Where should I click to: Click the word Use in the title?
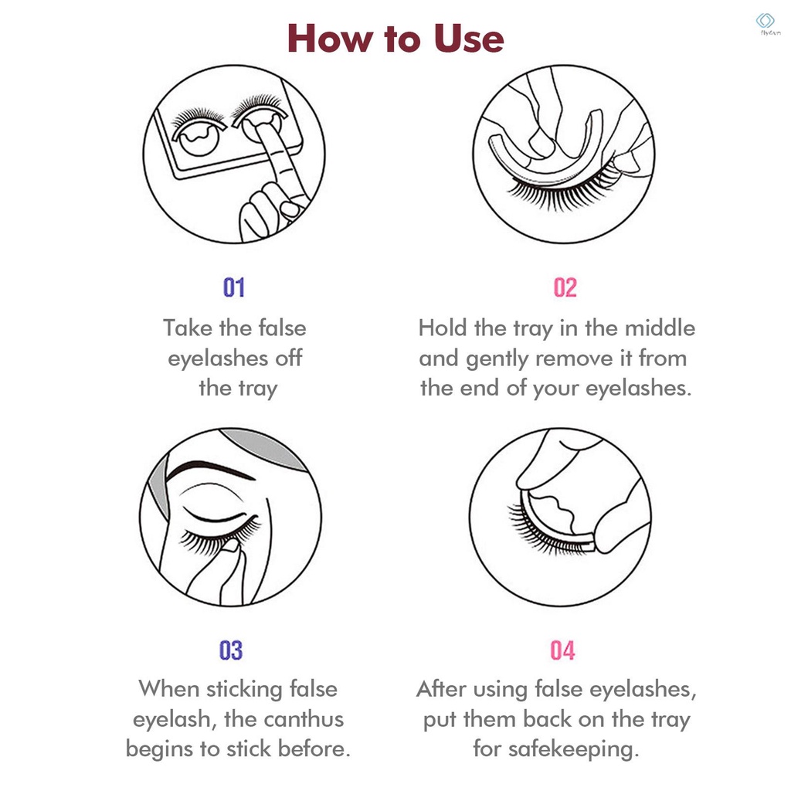tap(469, 39)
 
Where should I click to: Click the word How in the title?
tap(330, 39)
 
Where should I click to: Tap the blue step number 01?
tap(234, 287)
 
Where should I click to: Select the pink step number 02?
tap(565, 287)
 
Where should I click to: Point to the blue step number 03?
tap(231, 650)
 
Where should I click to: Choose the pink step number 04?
tap(562, 650)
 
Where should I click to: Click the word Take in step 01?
tap(188, 328)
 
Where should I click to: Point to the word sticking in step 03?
tap(244, 690)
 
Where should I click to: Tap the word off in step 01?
tap(289, 358)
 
